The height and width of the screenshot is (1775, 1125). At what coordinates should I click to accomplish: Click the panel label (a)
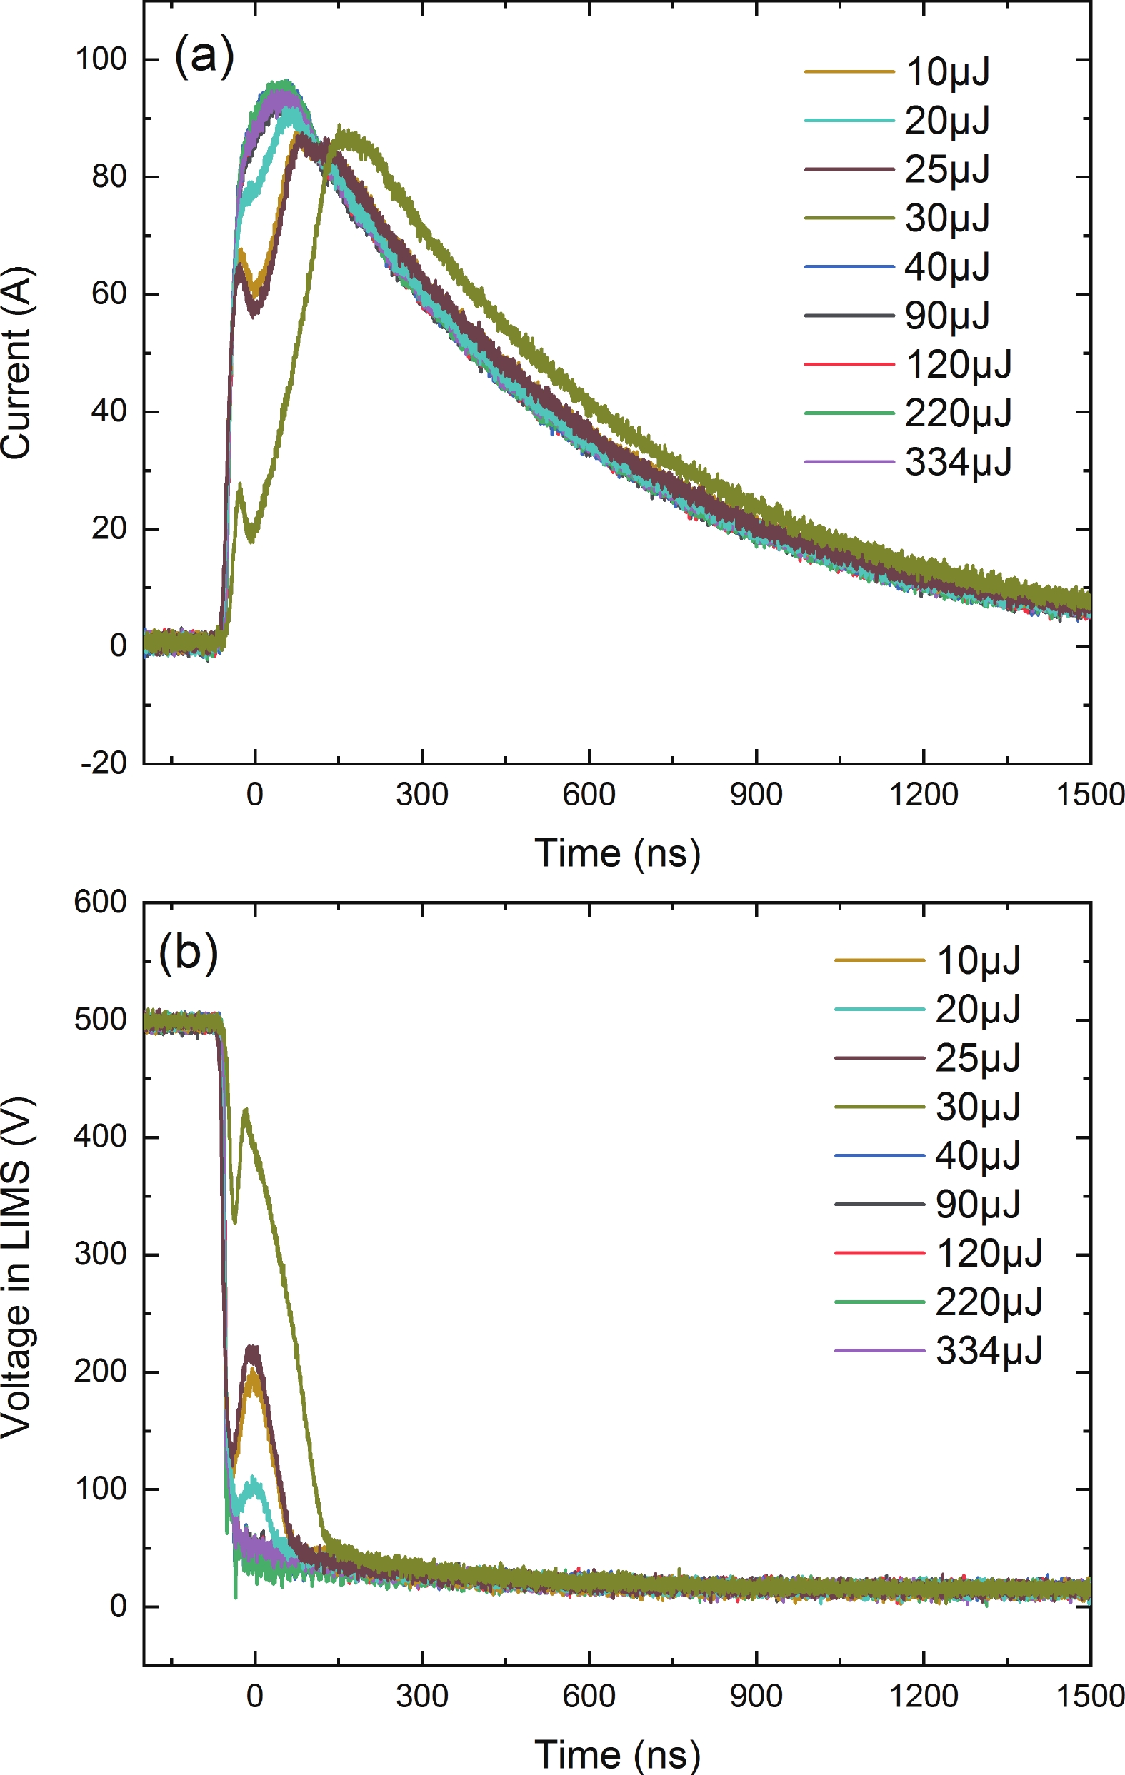pyautogui.click(x=204, y=56)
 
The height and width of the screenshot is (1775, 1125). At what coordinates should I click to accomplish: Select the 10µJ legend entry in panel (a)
pyautogui.click(x=946, y=71)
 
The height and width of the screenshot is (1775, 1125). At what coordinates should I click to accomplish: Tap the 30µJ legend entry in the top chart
pyautogui.click(x=946, y=218)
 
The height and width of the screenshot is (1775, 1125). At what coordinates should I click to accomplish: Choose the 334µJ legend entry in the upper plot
pyautogui.click(x=958, y=462)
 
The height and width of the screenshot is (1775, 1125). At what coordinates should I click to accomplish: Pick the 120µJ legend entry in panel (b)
pyautogui.click(x=989, y=1253)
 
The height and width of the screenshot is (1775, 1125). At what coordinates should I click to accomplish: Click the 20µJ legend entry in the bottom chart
pyautogui.click(x=978, y=1009)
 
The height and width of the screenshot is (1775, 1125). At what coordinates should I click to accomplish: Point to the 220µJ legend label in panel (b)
pyautogui.click(x=989, y=1302)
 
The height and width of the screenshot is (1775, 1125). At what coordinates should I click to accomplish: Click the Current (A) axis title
pyautogui.click(x=16, y=363)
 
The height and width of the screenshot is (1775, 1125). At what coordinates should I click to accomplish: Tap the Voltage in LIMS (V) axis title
pyautogui.click(x=16, y=1268)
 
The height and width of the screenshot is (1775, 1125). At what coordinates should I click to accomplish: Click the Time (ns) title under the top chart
pyautogui.click(x=617, y=854)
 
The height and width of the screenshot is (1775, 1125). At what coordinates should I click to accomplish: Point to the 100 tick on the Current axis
pyautogui.click(x=101, y=59)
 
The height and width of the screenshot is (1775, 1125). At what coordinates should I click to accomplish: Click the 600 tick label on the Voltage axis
pyautogui.click(x=100, y=902)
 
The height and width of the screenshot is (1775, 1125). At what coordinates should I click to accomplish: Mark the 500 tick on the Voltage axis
pyautogui.click(x=100, y=1020)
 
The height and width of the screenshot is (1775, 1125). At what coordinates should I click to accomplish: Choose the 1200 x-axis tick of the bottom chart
pyautogui.click(x=923, y=1696)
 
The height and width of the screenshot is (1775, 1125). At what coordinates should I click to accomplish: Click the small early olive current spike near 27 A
pyautogui.click(x=240, y=486)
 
